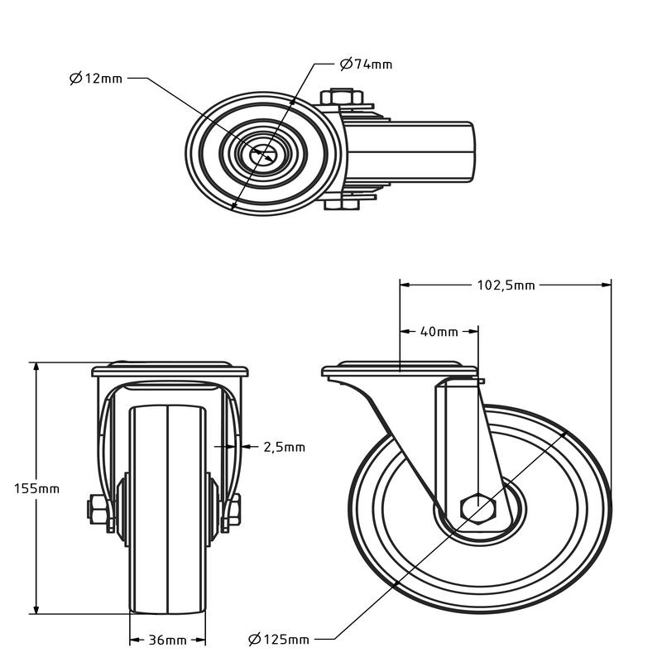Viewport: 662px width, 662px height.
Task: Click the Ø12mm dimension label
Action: point(96,79)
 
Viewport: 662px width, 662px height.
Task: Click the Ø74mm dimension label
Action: point(366,64)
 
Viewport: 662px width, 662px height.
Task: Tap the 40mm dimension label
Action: point(439,332)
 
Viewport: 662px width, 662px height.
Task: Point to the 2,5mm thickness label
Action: point(284,447)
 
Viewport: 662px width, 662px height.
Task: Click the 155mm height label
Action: point(36,488)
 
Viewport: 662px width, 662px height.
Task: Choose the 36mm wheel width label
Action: point(168,640)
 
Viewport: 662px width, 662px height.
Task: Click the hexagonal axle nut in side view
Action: point(478,508)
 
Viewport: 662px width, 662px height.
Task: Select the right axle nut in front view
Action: point(232,511)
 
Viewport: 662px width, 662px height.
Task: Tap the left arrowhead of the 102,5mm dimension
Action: point(405,285)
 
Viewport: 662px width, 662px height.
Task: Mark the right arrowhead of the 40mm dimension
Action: point(474,332)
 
